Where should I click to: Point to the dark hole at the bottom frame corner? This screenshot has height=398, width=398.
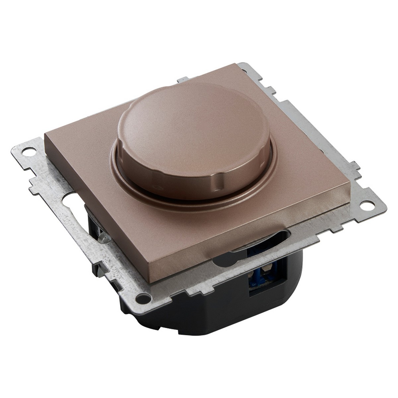click(x=142, y=296)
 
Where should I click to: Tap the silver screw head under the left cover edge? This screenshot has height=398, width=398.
click(x=102, y=237)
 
